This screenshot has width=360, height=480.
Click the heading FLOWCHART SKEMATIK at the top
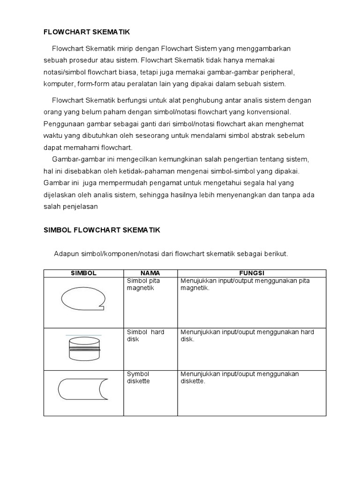tap(86, 32)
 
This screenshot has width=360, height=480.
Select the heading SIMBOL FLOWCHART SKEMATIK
tap(102, 230)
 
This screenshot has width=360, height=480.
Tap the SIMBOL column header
tap(83, 273)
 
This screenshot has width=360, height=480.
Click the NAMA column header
tap(150, 273)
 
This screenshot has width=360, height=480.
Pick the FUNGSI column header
tap(252, 273)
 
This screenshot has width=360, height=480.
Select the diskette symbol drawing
tap(83, 389)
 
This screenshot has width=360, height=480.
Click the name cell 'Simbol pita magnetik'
tap(143, 284)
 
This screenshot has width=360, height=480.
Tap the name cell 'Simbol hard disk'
tap(145, 336)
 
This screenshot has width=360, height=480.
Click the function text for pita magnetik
tap(245, 284)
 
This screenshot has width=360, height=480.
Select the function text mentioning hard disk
tap(247, 336)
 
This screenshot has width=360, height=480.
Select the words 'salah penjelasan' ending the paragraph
tap(71, 206)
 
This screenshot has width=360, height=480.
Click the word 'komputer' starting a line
tap(57, 84)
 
